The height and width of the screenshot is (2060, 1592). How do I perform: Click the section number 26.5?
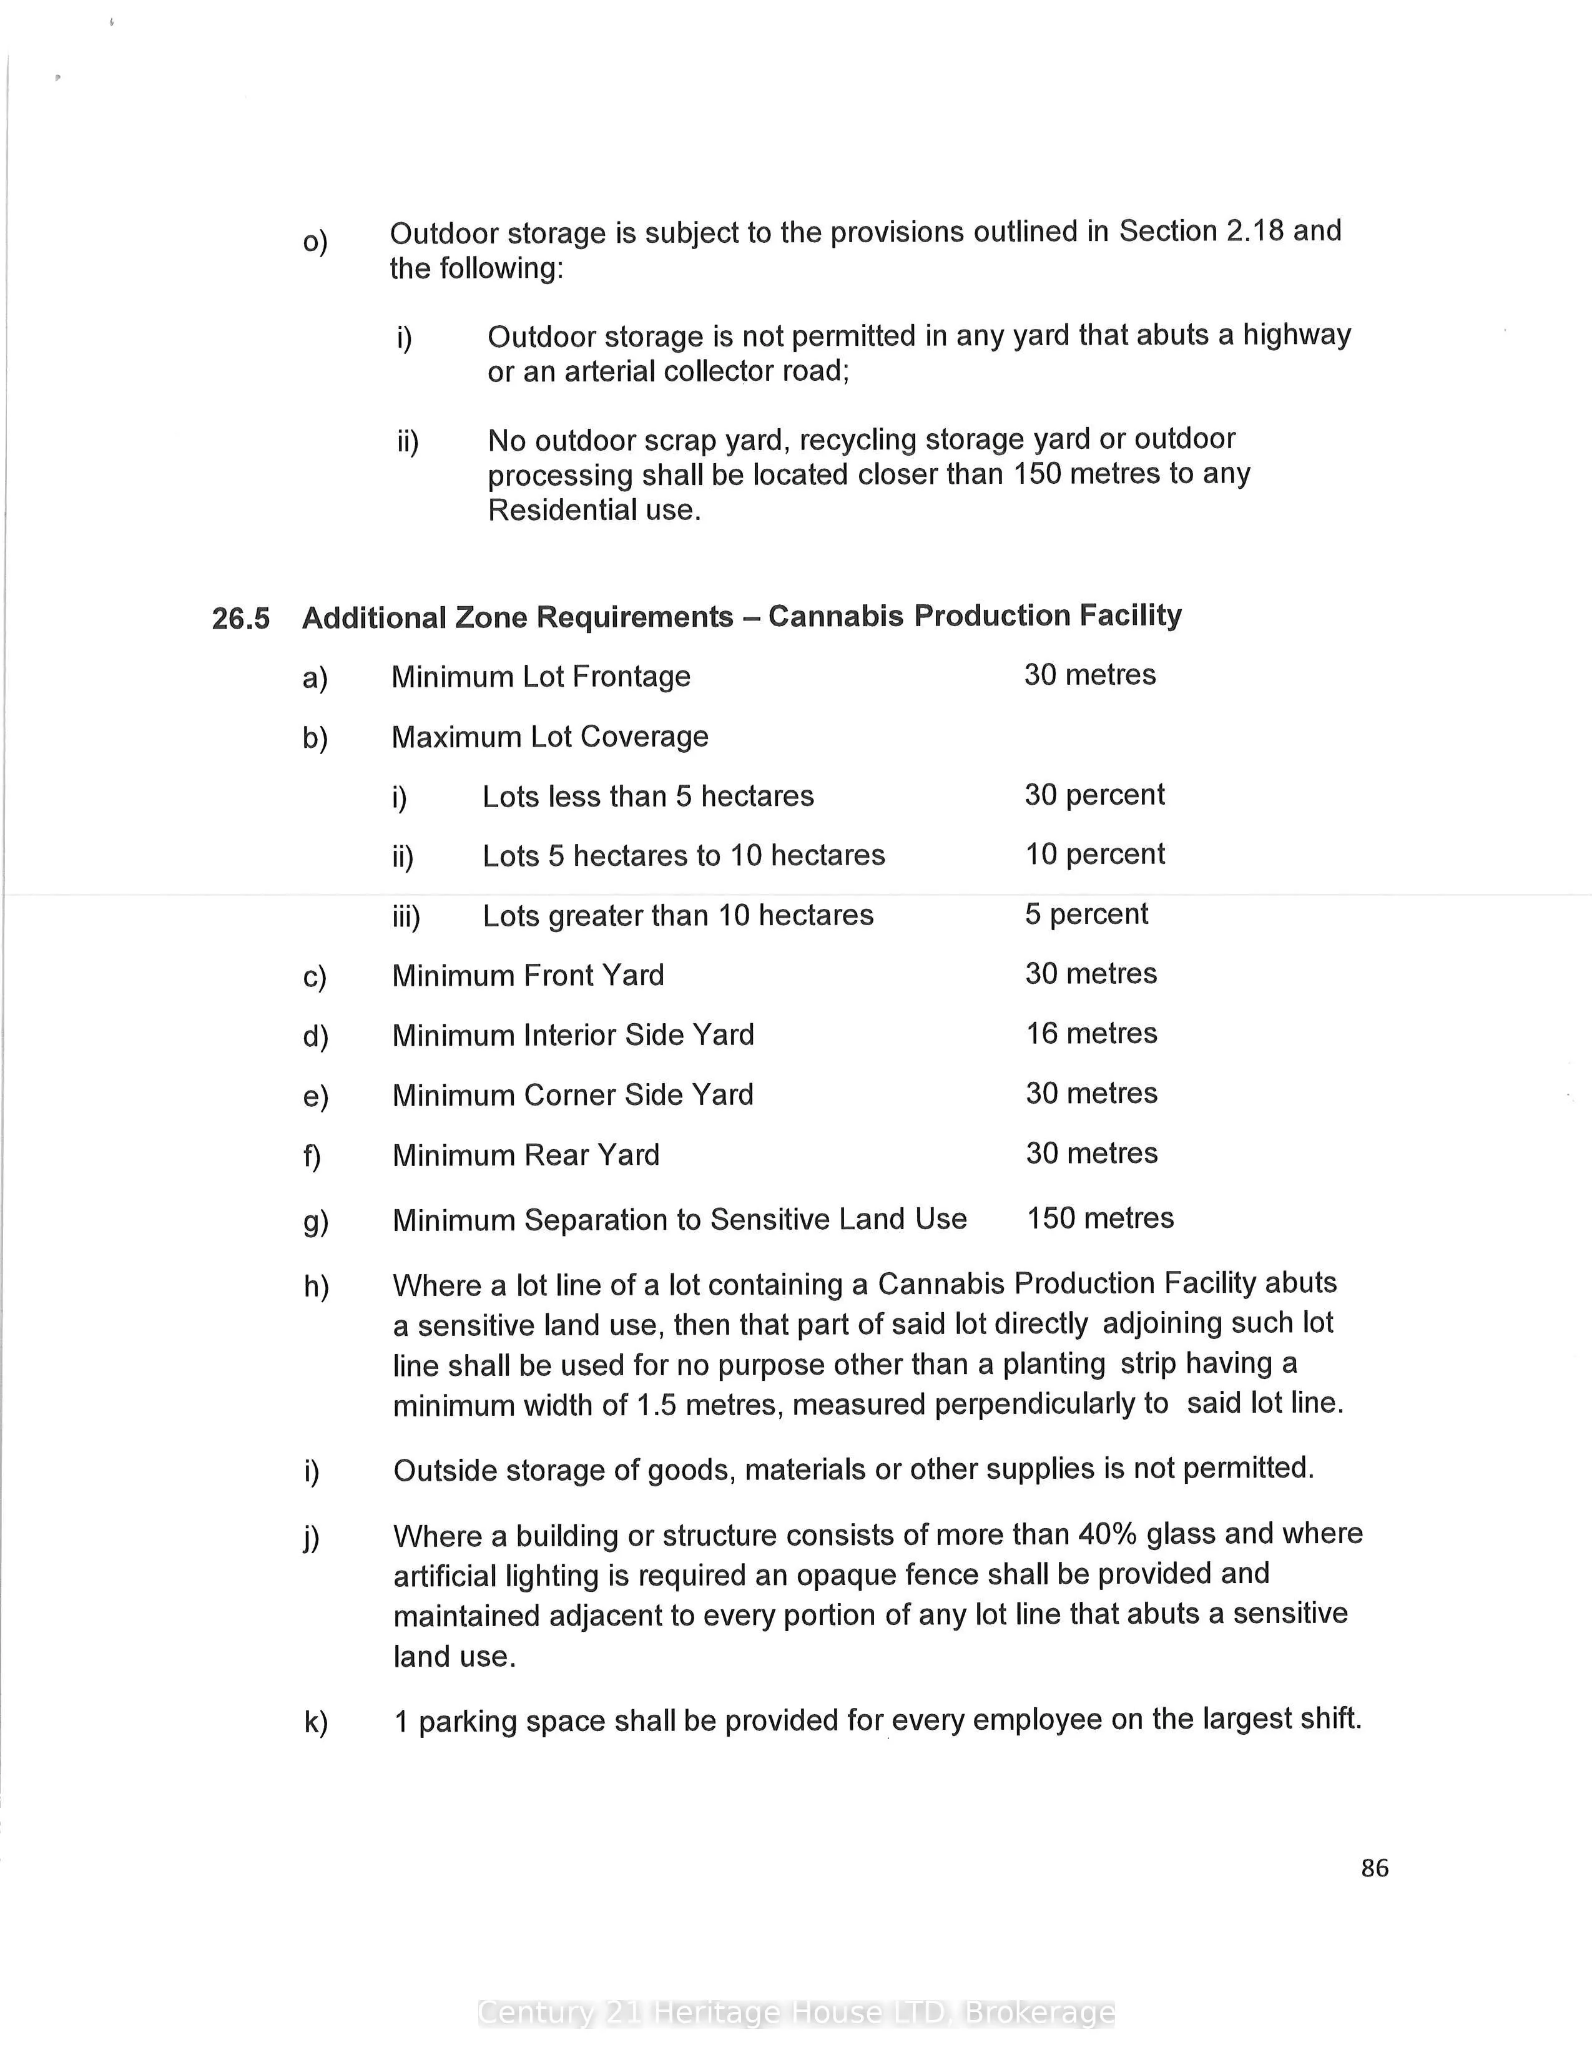[240, 619]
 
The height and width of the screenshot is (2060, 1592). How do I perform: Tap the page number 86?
[1374, 1868]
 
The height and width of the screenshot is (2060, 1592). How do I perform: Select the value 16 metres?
[1091, 1034]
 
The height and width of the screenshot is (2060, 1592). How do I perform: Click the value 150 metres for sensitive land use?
[1099, 1218]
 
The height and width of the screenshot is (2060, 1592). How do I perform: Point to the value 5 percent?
[1086, 914]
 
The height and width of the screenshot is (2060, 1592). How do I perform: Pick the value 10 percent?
[1095, 855]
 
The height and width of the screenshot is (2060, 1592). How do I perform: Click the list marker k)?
[315, 1722]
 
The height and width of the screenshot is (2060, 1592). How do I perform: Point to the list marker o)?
[315, 242]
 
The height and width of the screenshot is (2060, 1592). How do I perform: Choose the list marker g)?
[315, 1222]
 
